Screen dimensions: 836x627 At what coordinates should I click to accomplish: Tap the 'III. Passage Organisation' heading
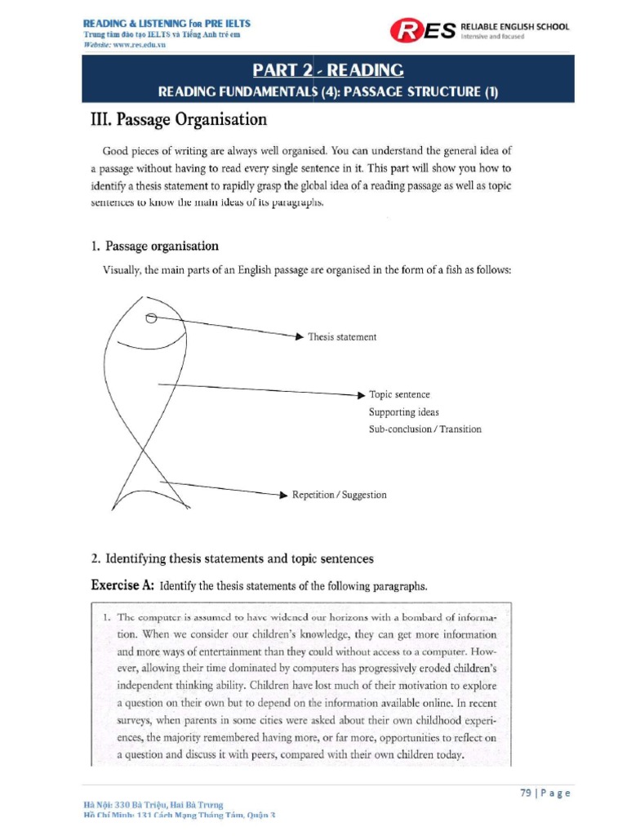coord(178,120)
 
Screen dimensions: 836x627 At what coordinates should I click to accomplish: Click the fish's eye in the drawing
coord(151,318)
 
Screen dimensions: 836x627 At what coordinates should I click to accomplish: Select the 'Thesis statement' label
coord(342,336)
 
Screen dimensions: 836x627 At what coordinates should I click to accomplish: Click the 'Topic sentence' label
coord(399,394)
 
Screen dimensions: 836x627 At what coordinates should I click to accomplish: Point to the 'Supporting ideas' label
coord(403,412)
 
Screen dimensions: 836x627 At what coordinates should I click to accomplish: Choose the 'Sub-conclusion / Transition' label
coord(425,429)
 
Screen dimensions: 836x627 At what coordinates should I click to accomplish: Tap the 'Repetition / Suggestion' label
coord(339,495)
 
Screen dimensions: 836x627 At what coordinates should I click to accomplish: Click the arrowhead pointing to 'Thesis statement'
coord(299,336)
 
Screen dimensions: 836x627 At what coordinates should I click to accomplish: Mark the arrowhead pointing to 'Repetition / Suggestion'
coord(283,495)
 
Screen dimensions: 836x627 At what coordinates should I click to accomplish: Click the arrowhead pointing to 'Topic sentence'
coord(361,394)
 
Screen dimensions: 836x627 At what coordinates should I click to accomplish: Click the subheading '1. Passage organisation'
coord(154,246)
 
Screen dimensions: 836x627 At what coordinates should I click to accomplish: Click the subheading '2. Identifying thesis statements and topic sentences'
coord(232,559)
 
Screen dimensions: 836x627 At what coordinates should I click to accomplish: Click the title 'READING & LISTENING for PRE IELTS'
coord(167,23)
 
